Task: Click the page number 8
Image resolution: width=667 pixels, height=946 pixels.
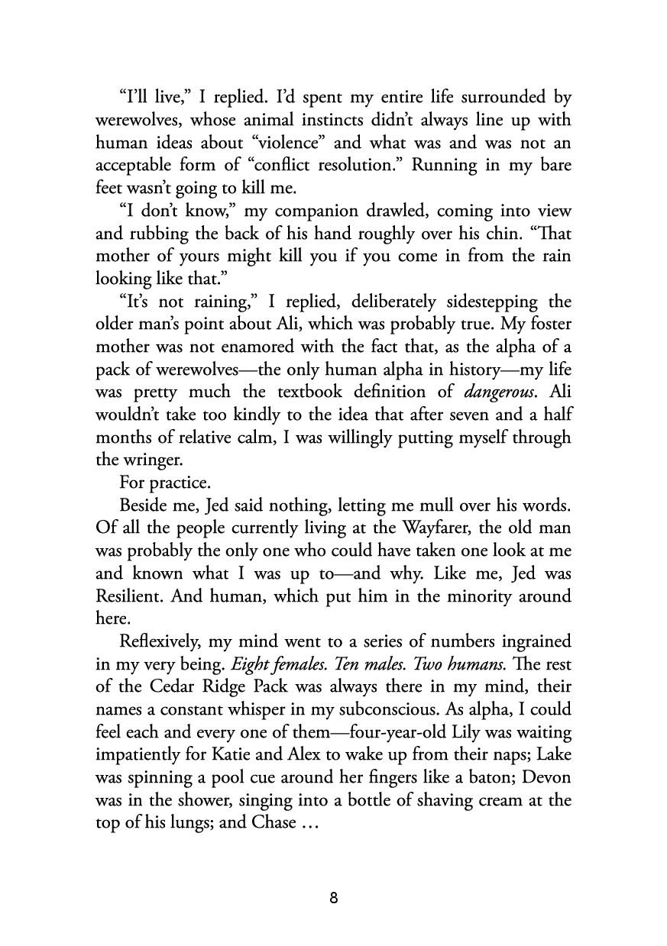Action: click(334, 897)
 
